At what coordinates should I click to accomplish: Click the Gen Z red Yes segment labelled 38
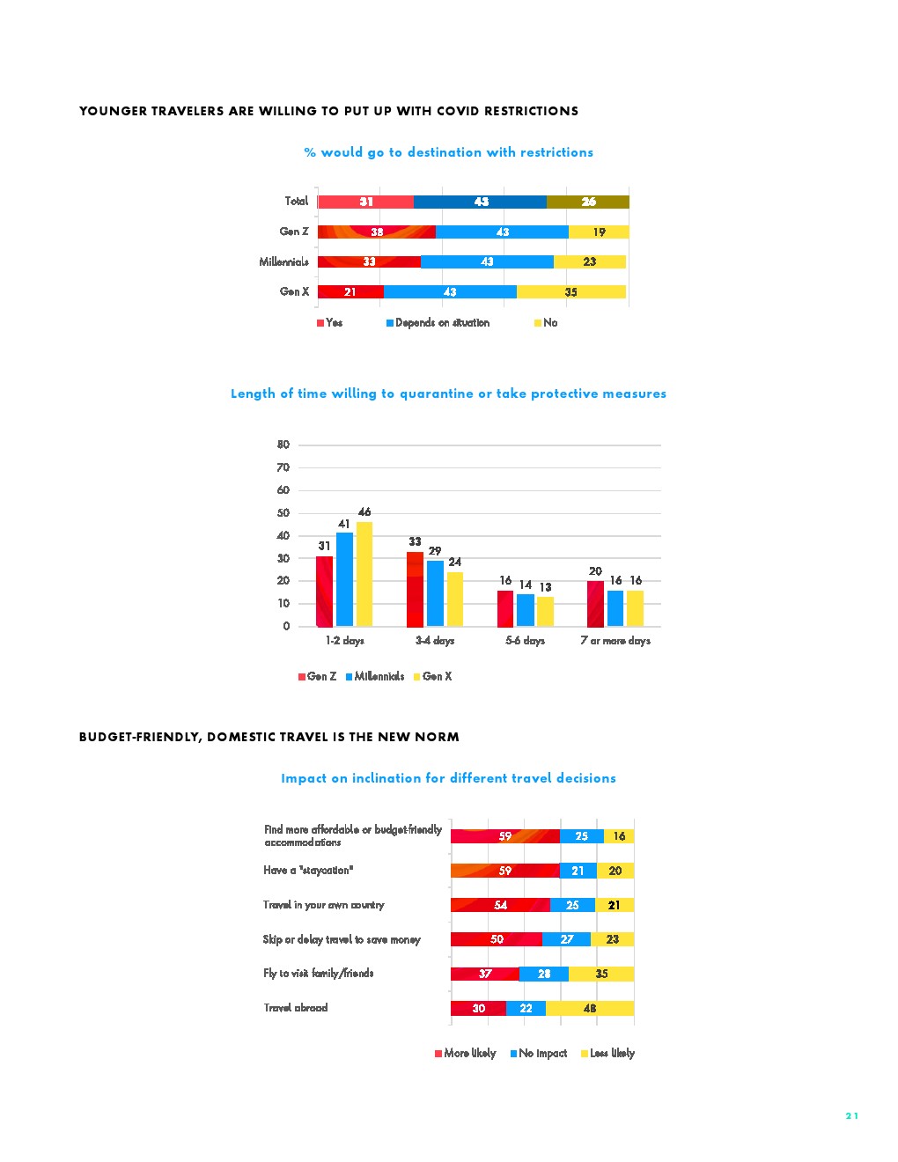[376, 232]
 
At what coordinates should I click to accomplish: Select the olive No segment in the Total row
[587, 202]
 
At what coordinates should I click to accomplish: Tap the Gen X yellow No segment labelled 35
[570, 292]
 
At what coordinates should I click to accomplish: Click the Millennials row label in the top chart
[283, 262]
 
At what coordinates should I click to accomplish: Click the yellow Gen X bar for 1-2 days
[364, 574]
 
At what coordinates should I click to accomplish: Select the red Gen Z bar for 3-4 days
[415, 589]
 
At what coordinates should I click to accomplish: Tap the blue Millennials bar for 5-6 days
[525, 610]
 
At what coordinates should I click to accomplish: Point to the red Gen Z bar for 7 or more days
[595, 604]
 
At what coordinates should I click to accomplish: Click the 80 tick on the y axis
[283, 445]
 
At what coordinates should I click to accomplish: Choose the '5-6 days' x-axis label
[525, 641]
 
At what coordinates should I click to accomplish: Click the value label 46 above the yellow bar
[364, 512]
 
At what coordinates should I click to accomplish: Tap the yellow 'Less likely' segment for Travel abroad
[589, 1009]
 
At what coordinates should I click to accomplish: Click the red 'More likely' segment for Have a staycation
[504, 871]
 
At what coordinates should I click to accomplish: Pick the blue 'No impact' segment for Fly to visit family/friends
[543, 974]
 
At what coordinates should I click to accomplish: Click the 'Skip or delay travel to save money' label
[342, 940]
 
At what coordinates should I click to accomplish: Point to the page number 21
[851, 1116]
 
